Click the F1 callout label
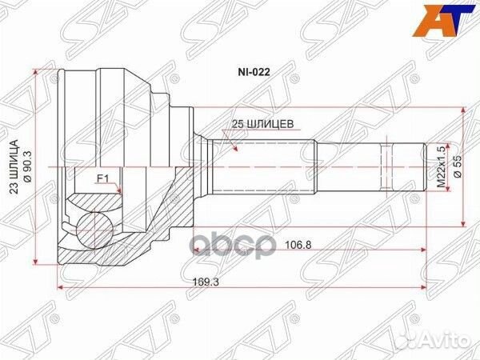click(x=102, y=178)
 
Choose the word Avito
click(x=449, y=340)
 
